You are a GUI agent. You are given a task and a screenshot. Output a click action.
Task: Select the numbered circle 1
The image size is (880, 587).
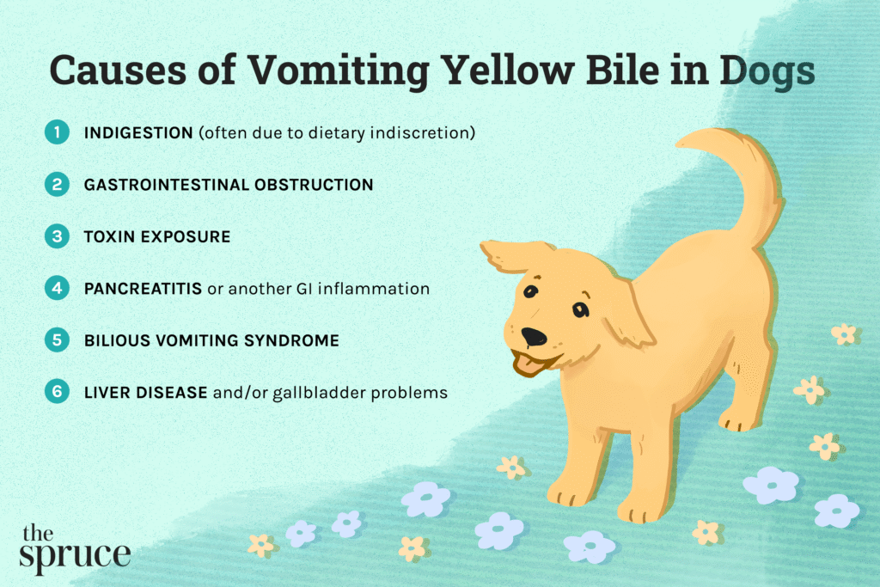coord(57,133)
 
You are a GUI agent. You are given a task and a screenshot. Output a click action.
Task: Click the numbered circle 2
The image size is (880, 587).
coord(57,185)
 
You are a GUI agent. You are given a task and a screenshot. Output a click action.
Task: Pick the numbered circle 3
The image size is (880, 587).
coord(57,236)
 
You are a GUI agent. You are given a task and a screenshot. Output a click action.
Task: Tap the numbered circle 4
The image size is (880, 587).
coord(57,289)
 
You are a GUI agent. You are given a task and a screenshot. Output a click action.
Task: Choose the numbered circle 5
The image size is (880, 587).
coord(57,340)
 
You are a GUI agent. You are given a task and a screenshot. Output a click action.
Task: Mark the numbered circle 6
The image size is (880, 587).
coord(57,393)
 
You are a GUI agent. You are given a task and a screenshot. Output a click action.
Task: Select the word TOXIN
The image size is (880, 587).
coord(109,236)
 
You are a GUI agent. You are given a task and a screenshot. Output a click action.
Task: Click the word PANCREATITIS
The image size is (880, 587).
coord(142,289)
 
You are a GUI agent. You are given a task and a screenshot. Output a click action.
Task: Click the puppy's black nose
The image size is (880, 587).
coord(534,336)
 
